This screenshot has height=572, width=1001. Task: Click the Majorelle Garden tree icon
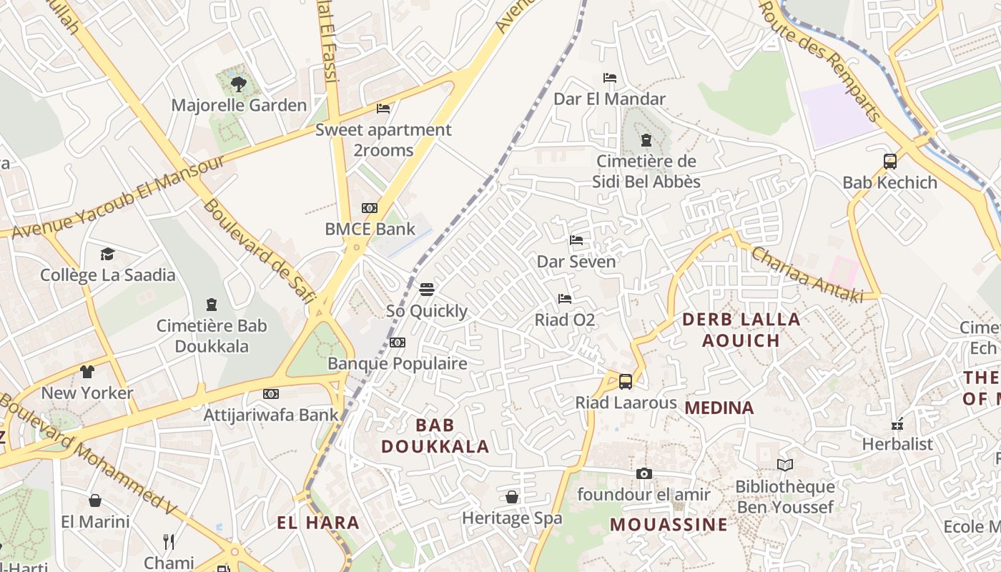pos(239,85)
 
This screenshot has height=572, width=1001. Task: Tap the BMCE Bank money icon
pos(369,208)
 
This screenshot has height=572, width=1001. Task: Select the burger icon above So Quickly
pos(427,290)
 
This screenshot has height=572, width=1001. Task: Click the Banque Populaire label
pos(397,363)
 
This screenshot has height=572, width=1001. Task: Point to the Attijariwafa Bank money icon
pos(270,394)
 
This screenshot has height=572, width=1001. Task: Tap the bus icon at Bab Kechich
pos(889,162)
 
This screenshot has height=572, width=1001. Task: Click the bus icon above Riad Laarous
pos(626,382)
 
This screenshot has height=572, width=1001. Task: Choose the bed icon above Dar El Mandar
pos(609,78)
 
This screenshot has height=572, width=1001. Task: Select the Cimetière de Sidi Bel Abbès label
pos(646,172)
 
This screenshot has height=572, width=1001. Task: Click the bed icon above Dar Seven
pos(576,240)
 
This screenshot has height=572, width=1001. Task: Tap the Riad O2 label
pos(565,320)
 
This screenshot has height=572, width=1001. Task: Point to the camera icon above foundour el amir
pos(643,473)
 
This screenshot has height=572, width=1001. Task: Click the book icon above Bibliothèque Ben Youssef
pos(785,465)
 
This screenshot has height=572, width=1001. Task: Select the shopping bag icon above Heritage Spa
pos(512,497)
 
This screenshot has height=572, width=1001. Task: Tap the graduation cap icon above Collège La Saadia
pos(107,254)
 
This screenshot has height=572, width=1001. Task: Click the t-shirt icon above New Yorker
pos(87,372)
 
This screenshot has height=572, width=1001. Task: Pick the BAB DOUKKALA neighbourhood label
pos(435,436)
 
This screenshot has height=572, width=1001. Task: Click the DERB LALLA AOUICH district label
pos(741,330)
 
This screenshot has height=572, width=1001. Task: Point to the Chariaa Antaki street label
pos(806,274)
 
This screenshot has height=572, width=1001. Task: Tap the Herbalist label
pos(897,444)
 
